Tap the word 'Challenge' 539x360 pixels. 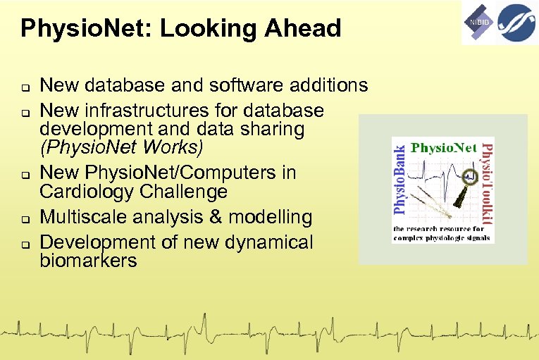coord(192,192)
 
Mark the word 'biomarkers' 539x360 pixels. coord(88,261)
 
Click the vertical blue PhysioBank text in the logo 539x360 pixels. coord(399,179)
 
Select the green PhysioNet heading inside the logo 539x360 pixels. coord(443,149)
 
